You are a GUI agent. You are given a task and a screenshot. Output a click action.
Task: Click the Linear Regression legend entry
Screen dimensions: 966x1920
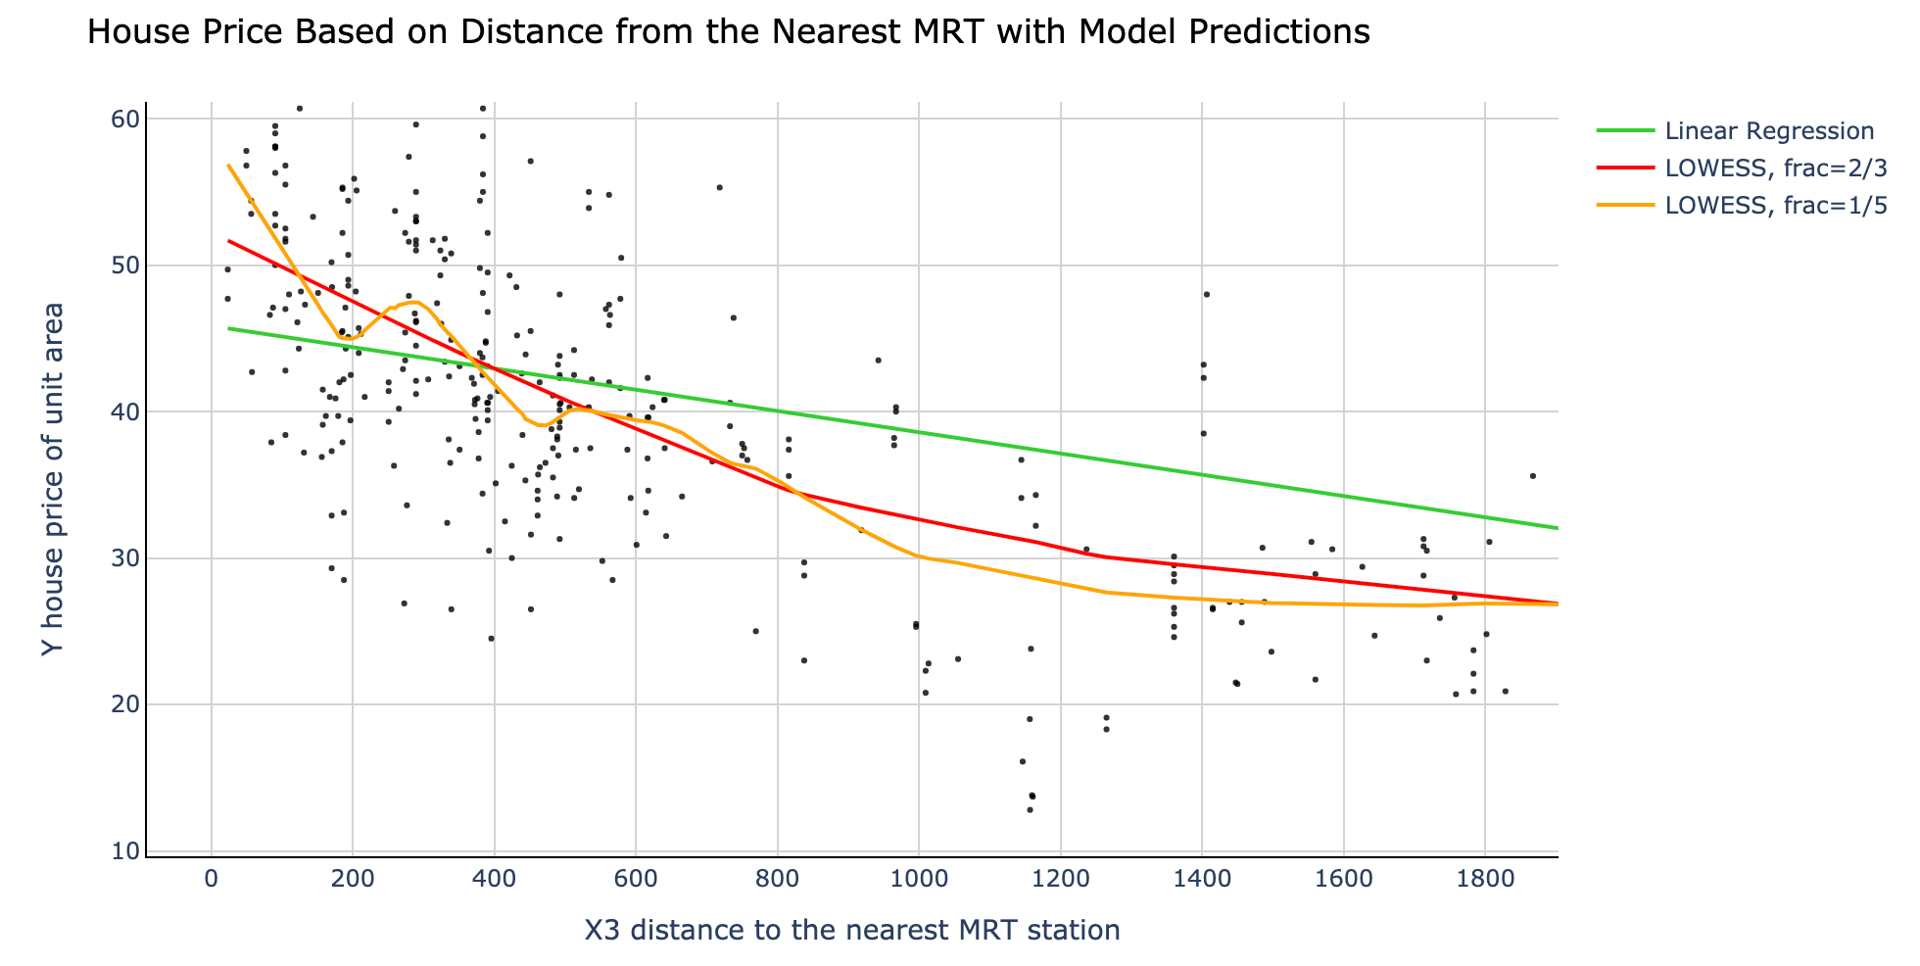[x=1769, y=131]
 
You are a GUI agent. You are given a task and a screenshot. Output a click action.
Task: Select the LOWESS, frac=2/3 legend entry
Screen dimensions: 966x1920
[x=1776, y=169]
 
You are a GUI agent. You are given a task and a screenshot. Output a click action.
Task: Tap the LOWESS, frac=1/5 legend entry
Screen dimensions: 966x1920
[x=1776, y=206]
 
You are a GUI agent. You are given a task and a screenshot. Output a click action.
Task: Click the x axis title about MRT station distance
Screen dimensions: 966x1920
[x=851, y=930]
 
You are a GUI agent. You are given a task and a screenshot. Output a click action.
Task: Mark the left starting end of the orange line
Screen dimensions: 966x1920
[x=228, y=165]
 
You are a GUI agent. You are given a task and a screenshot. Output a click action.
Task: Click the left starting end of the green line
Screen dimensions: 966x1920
[x=228, y=328]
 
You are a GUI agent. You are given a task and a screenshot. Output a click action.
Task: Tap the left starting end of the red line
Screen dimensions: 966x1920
[x=228, y=241]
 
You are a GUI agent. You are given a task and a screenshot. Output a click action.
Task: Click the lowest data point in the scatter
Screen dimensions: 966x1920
[x=1030, y=809]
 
